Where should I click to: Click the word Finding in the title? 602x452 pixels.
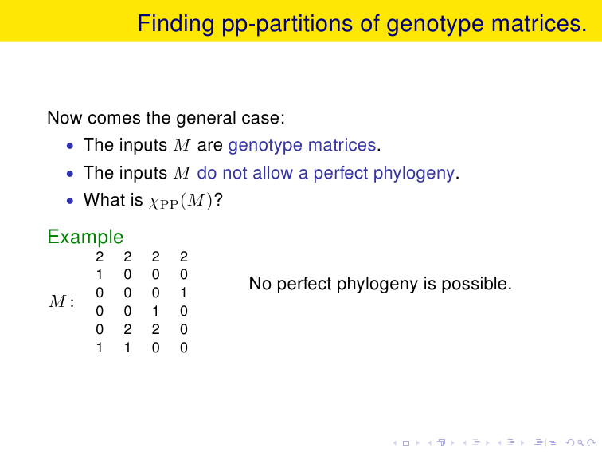pyautogui.click(x=175, y=24)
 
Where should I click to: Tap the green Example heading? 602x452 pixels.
pyautogui.click(x=85, y=237)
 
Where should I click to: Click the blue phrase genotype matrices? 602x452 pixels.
pyautogui.click(x=302, y=146)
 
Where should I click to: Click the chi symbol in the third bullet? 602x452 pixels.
pyautogui.click(x=154, y=202)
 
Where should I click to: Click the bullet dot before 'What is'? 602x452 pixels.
pyautogui.click(x=70, y=201)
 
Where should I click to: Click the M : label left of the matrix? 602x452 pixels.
pyautogui.click(x=61, y=301)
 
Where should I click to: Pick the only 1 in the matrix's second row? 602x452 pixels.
pyautogui.click(x=100, y=274)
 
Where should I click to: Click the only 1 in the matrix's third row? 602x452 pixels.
pyautogui.click(x=183, y=293)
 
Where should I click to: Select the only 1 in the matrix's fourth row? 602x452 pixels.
pyautogui.click(x=155, y=311)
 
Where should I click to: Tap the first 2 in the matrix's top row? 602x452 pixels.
pyautogui.click(x=100, y=257)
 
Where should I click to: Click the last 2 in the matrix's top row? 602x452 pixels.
pyautogui.click(x=183, y=257)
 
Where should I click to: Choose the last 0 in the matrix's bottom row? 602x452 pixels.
pyautogui.click(x=183, y=348)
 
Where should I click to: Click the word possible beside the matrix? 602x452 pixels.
pyautogui.click(x=476, y=284)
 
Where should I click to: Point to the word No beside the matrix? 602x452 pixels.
pyautogui.click(x=260, y=284)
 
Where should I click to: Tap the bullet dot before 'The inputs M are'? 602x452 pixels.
pyautogui.click(x=70, y=146)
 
